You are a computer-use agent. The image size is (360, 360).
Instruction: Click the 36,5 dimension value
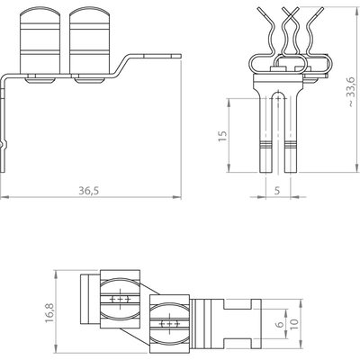click(x=89, y=191)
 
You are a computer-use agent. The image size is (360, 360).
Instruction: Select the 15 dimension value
click(x=222, y=136)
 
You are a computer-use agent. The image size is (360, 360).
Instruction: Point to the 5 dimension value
click(x=277, y=191)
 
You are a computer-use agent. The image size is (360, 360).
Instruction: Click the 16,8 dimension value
click(x=49, y=312)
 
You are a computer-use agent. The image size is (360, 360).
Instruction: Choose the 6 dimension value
click(x=279, y=324)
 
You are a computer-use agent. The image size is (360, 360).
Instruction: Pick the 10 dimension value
click(x=294, y=323)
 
